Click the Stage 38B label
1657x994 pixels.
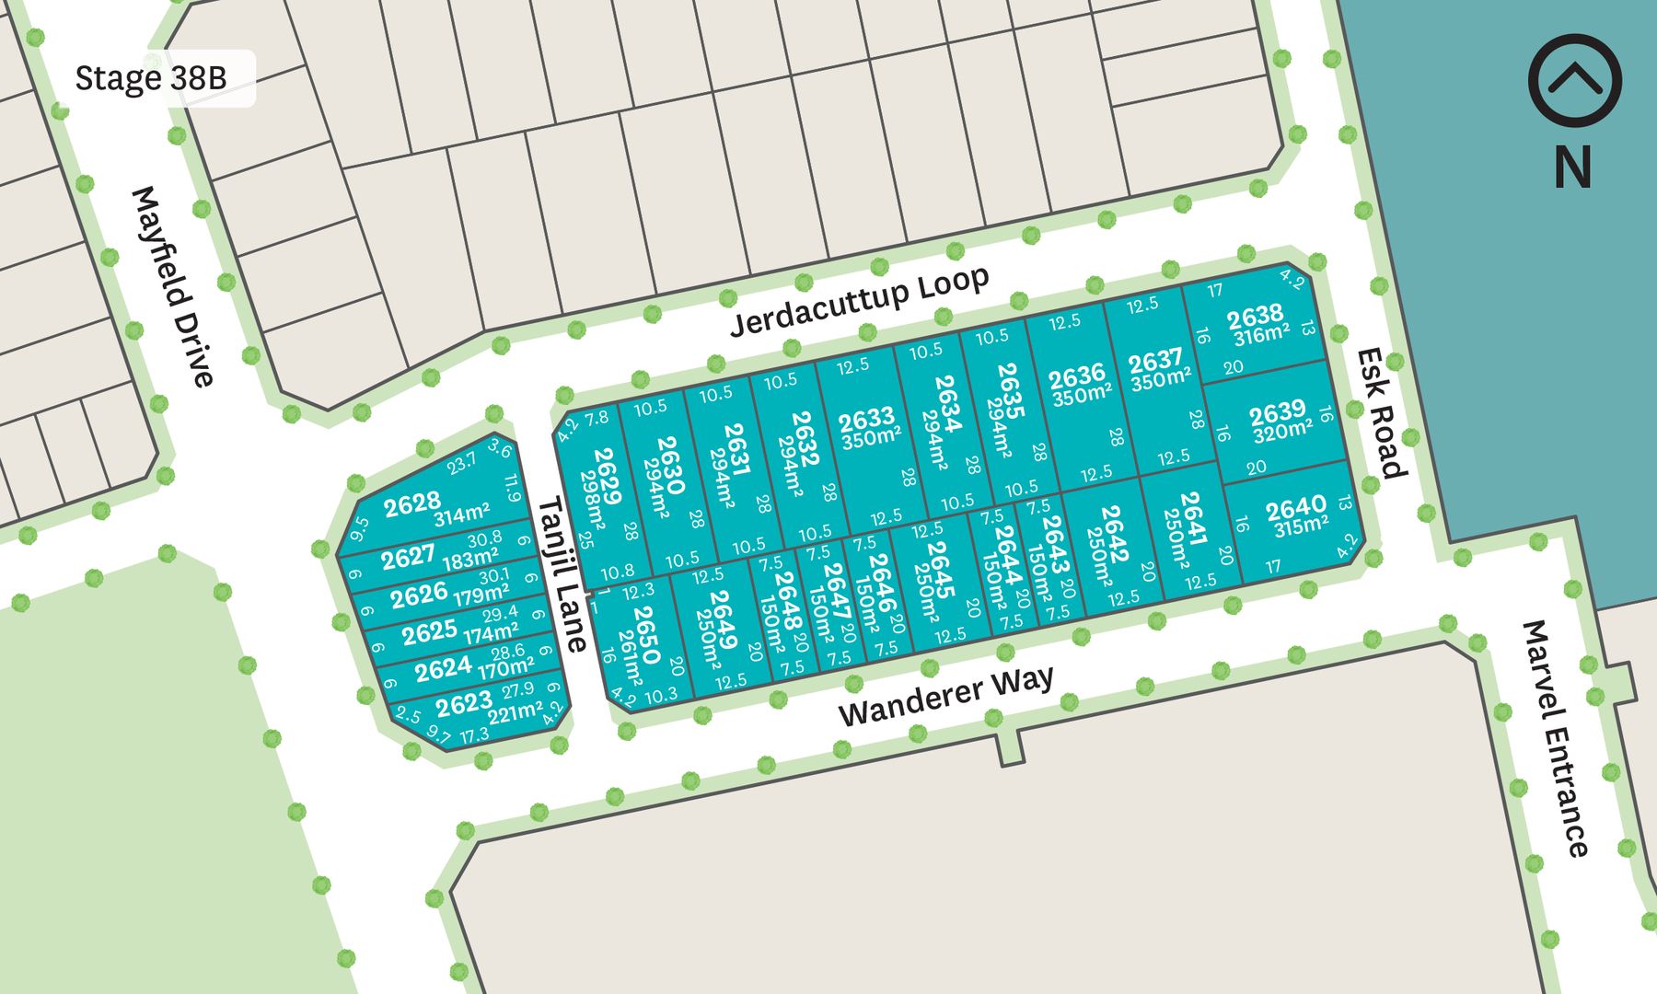click(x=151, y=78)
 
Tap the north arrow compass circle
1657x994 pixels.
click(x=1574, y=80)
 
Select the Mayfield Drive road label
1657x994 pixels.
click(x=173, y=286)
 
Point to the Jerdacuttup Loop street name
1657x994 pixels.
click(x=859, y=301)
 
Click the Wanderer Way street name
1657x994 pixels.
click(x=945, y=697)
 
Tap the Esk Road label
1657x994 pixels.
click(x=1382, y=412)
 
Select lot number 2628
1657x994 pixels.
click(x=411, y=503)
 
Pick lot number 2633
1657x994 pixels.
click(x=866, y=420)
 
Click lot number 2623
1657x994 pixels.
click(x=463, y=704)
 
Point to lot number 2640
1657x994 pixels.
click(x=1295, y=507)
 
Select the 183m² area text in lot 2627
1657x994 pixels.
click(x=469, y=559)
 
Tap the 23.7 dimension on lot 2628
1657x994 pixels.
click(x=461, y=462)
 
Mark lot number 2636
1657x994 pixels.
click(x=1076, y=376)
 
